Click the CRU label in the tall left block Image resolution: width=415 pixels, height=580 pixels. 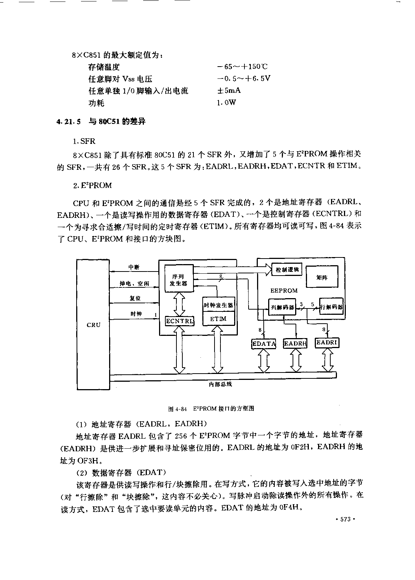[x=94, y=325]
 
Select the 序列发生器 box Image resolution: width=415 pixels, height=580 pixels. [x=179, y=278]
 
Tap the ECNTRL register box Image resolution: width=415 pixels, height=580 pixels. [x=180, y=321]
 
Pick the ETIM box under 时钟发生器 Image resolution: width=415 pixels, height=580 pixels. [x=219, y=319]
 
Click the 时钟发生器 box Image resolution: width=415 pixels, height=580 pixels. [x=219, y=305]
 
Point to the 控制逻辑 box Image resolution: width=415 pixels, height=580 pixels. [x=287, y=270]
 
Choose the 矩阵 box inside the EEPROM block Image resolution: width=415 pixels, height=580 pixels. [x=322, y=277]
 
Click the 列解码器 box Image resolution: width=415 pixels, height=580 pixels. [x=282, y=307]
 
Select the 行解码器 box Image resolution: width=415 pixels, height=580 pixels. [x=331, y=306]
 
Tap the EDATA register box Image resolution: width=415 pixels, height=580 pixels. [x=264, y=344]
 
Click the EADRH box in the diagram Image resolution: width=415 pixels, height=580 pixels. [x=295, y=343]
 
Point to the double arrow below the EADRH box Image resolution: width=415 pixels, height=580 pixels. [x=296, y=360]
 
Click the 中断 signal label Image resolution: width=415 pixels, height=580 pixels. [x=134, y=267]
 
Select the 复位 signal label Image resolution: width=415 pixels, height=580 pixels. [x=135, y=298]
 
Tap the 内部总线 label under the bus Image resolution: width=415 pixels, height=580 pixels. [x=220, y=384]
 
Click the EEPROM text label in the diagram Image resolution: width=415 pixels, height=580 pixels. [x=284, y=290]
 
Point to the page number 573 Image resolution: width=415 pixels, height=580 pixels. [x=345, y=519]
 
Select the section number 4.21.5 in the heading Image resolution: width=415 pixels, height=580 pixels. [x=68, y=121]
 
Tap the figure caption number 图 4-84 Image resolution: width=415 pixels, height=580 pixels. [x=178, y=409]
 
